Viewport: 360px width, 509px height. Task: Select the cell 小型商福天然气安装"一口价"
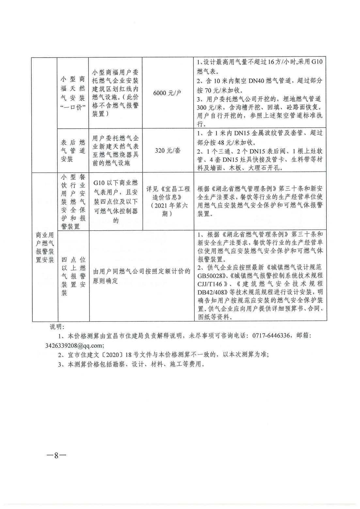coord(73,93)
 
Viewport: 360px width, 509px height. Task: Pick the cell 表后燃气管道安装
coord(73,151)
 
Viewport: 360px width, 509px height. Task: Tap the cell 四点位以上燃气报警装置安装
coord(73,276)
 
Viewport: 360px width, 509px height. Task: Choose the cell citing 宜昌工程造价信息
coord(168,201)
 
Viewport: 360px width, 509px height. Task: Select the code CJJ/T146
coord(211,292)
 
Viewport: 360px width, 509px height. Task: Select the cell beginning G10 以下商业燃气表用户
coord(116,201)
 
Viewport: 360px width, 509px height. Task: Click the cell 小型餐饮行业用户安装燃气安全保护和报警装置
coord(73,201)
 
